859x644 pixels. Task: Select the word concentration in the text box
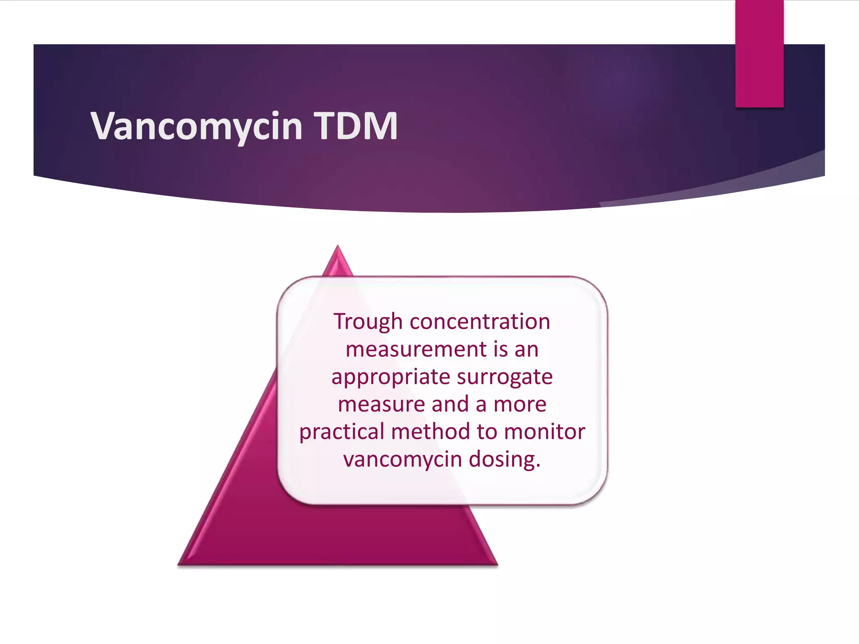479,322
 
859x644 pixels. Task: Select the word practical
342,432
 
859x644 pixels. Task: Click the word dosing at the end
505,459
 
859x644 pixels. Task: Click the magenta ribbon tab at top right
759,55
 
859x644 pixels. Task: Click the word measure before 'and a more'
381,405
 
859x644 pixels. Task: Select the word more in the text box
520,405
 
